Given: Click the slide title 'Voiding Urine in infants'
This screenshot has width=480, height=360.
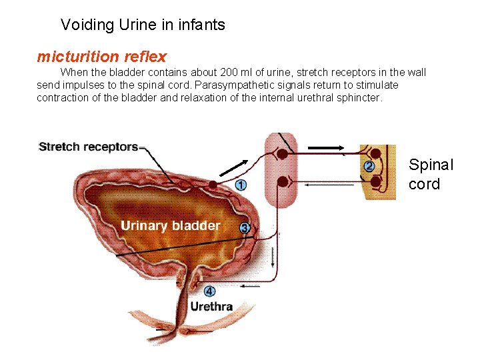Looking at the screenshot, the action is pyautogui.click(x=143, y=25).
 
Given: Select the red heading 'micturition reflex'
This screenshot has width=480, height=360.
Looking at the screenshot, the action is pyautogui.click(x=101, y=57).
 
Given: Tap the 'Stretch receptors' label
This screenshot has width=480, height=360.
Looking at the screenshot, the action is pyautogui.click(x=89, y=147).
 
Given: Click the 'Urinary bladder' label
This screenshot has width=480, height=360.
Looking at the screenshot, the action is pyautogui.click(x=170, y=225).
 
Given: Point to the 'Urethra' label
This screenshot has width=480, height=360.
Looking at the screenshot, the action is pyautogui.click(x=211, y=307).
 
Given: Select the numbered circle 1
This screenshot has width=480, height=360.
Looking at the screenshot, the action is pyautogui.click(x=241, y=185).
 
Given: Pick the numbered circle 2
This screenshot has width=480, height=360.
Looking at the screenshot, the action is pyautogui.click(x=369, y=166).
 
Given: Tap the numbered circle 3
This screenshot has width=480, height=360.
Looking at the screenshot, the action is pyautogui.click(x=245, y=228).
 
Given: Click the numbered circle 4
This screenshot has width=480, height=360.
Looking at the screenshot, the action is pyautogui.click(x=209, y=291).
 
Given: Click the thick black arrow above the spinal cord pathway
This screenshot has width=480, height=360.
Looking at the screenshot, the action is pyautogui.click(x=327, y=148).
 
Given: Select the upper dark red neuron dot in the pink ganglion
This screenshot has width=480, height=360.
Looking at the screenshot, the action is pyautogui.click(x=283, y=154).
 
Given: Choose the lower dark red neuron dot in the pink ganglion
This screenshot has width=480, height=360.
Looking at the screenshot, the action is pyautogui.click(x=283, y=181).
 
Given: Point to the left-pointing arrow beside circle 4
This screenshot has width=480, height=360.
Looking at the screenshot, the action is pyautogui.click(x=250, y=286).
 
